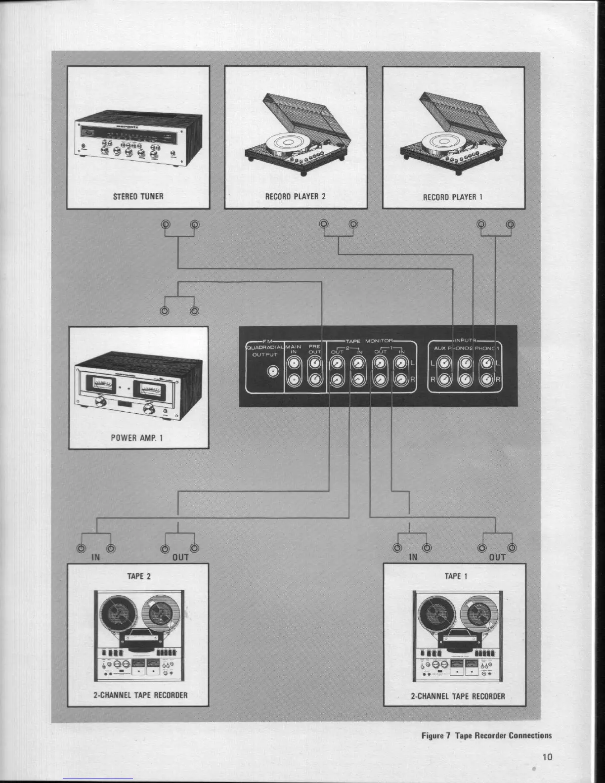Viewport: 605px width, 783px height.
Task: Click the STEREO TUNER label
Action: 138,196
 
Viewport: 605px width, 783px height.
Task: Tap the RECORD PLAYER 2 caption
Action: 296,196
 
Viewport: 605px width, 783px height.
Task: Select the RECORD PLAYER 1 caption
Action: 453,197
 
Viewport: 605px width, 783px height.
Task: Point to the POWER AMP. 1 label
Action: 137,437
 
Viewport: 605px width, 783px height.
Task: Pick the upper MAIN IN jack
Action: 294,365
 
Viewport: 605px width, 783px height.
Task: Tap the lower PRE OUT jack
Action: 315,380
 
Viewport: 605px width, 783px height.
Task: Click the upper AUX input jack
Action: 444,364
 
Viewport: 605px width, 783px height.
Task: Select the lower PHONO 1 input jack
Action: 487,380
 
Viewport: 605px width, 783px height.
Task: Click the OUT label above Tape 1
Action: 497,558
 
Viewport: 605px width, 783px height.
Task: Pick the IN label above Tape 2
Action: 95,558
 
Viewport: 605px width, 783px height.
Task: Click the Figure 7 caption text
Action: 486,735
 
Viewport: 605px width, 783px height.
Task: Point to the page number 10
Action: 547,756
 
